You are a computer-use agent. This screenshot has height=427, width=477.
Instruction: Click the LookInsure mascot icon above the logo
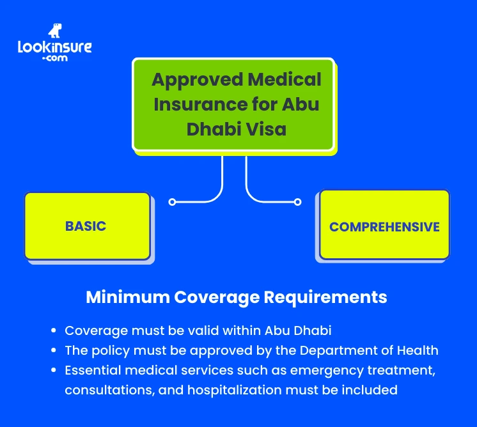[x=56, y=32]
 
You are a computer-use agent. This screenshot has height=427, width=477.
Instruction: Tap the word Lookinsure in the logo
[x=55, y=47]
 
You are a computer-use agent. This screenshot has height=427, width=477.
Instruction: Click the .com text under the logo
[x=55, y=58]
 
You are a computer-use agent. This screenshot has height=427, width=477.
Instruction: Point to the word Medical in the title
[x=285, y=80]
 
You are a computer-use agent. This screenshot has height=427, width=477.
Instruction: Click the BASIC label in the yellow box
[x=86, y=226]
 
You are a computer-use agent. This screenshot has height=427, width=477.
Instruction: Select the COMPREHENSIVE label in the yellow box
[x=384, y=227]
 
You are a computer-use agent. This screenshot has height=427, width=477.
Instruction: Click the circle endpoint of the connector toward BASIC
[x=172, y=202]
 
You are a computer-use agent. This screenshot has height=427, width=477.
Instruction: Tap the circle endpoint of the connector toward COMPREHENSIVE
[x=297, y=202]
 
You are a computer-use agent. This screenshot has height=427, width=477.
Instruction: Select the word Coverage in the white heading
[x=215, y=297]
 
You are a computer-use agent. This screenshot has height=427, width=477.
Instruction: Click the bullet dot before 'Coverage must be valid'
[x=55, y=332]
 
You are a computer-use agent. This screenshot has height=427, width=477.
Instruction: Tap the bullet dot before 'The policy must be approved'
[x=55, y=351]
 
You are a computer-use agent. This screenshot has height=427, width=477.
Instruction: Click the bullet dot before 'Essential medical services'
[x=55, y=371]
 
